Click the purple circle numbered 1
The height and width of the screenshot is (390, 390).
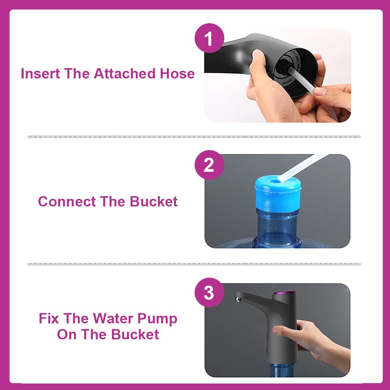pyautogui.click(x=209, y=38)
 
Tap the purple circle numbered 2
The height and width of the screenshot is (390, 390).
pyautogui.click(x=209, y=165)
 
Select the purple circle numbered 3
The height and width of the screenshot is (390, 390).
pyautogui.click(x=209, y=292)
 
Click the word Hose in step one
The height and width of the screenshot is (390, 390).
pyautogui.click(x=177, y=74)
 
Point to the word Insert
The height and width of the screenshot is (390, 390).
pyautogui.click(x=40, y=74)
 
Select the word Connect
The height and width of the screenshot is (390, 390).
pyautogui.click(x=67, y=201)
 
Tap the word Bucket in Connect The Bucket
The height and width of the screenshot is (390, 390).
pyautogui.click(x=154, y=201)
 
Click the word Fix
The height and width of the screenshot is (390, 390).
pyautogui.click(x=49, y=318)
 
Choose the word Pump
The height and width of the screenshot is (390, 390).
pyautogui.click(x=157, y=319)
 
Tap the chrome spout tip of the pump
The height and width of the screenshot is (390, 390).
pyautogui.click(x=238, y=299)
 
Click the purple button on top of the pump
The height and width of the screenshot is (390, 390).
pyautogui.click(x=285, y=293)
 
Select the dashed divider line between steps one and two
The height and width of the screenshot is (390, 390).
pyautogui.click(x=194, y=137)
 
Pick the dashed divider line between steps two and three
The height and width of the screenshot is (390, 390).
pyautogui.click(x=194, y=264)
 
